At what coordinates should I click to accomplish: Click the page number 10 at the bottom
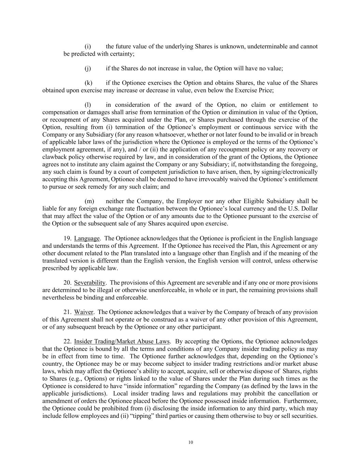190,442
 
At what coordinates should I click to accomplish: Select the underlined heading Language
87,238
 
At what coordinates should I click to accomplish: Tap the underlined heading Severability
90,283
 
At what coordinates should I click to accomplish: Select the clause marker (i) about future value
88,46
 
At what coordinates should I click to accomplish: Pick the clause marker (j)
88,68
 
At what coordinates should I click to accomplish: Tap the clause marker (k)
88,83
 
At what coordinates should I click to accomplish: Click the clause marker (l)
88,105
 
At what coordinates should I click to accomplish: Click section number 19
67,238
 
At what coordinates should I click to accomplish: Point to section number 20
67,283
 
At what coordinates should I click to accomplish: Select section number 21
67,312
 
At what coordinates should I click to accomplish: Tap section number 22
67,341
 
